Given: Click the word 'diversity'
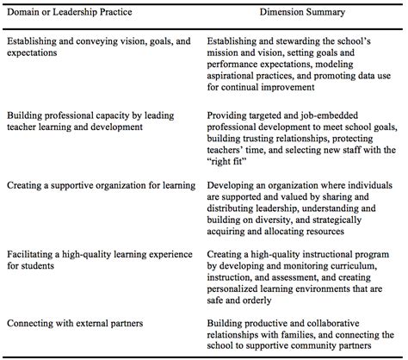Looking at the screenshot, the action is tap(294, 209).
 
